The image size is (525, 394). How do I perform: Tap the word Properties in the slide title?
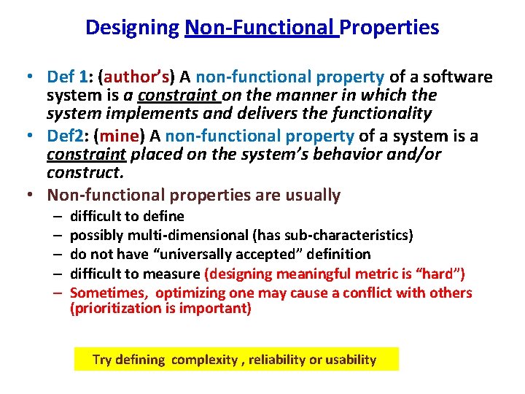[x=389, y=28]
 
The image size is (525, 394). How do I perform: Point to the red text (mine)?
[x=120, y=136]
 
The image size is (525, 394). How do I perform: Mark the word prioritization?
[x=113, y=309]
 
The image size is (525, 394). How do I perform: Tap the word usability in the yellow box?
[x=350, y=359]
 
